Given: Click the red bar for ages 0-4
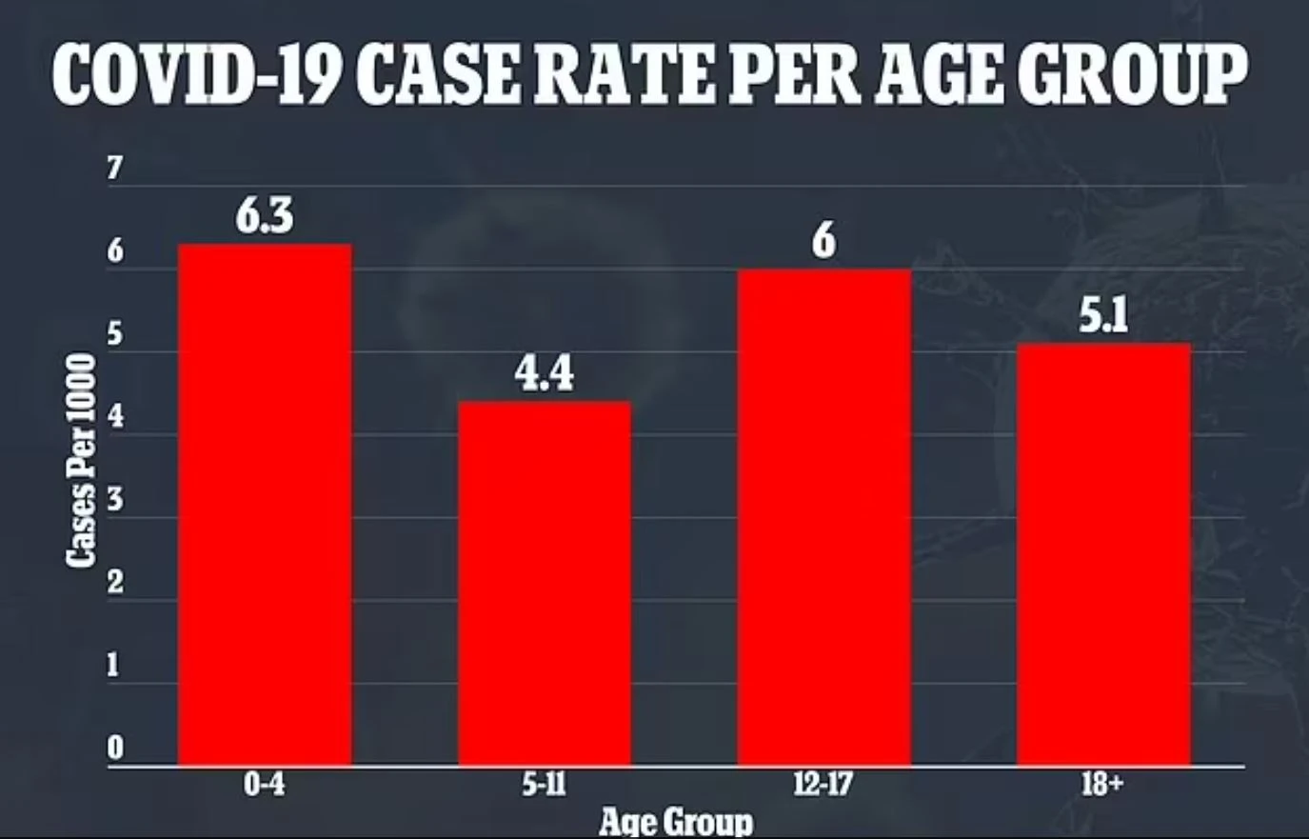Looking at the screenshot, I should tap(265, 505).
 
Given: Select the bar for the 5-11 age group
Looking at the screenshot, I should tap(544, 583).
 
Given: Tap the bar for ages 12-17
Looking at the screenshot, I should tap(823, 517).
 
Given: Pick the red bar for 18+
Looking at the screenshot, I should tap(1103, 554).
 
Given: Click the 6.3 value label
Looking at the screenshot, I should tap(265, 217).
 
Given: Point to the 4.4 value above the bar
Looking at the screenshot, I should tap(544, 374).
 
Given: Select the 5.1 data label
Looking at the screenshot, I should tap(1103, 316).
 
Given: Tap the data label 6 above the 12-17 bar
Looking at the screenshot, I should tap(823, 241).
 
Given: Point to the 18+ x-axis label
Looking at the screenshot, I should tap(1102, 786).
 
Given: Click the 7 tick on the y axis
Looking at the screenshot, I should tap(115, 169).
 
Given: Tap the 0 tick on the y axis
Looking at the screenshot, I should tap(115, 749).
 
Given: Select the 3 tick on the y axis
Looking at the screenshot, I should tap(115, 500).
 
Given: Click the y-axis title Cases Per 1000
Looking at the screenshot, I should tap(82, 461).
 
